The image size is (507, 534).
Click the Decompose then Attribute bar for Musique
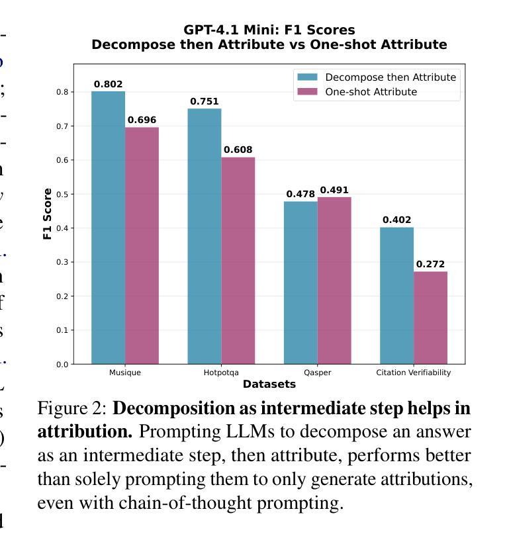pos(108,228)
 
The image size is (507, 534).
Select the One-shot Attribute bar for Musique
pos(142,245)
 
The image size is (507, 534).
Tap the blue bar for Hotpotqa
pos(204,236)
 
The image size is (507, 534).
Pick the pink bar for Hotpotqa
pos(238,261)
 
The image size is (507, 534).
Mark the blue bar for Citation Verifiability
pos(396,296)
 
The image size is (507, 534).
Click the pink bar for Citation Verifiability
pos(430,318)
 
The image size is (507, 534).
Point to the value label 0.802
pos(108,84)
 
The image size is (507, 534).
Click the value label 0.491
pos(334,190)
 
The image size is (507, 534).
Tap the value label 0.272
pos(430,264)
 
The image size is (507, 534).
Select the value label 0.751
pos(204,101)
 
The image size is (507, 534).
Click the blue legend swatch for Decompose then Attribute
pos(308,77)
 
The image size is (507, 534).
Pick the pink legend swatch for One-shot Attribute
pos(308,92)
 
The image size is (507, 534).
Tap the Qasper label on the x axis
pos(317,373)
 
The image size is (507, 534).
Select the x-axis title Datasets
pos(269,384)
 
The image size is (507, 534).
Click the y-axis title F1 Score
pos(47,213)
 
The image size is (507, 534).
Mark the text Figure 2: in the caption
pos(72,408)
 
